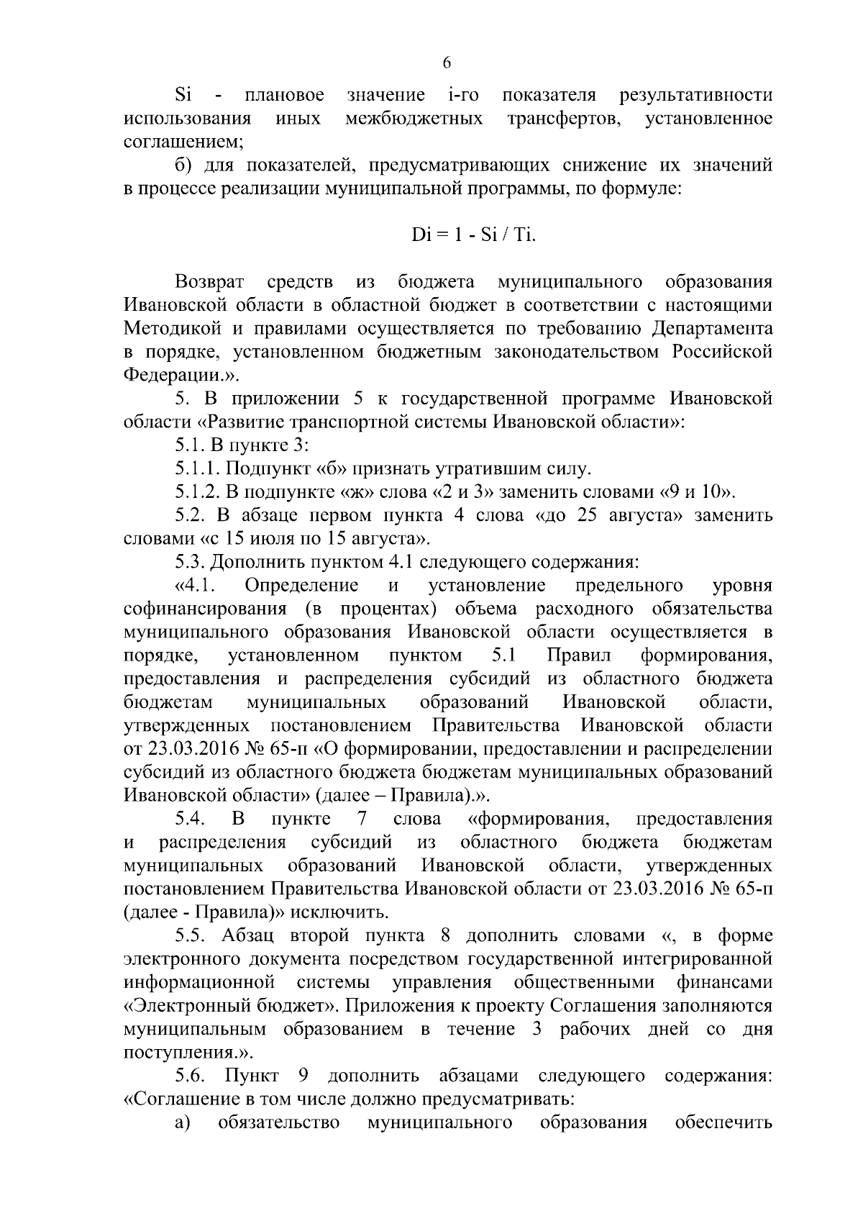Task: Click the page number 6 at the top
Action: point(446,63)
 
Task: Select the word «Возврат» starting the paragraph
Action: point(211,282)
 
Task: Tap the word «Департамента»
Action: point(713,329)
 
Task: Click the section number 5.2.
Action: point(191,516)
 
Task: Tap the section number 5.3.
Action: point(191,562)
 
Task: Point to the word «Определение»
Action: point(301,585)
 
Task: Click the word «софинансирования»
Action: point(206,609)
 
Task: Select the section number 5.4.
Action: point(191,819)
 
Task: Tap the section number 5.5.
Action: point(191,936)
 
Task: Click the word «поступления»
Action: point(181,1053)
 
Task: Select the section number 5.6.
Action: point(191,1076)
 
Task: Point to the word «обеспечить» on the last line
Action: point(723,1122)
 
